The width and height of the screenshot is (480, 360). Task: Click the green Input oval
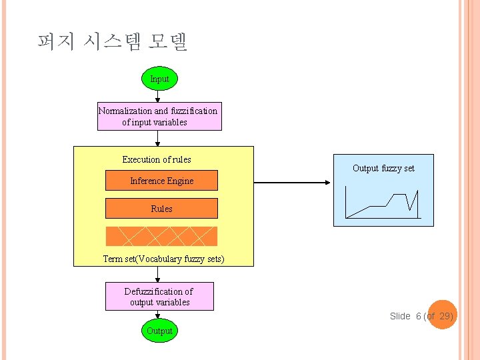159,79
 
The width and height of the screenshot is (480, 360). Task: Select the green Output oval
159,331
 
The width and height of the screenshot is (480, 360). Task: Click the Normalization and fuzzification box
158,117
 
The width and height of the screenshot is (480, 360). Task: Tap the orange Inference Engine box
161,181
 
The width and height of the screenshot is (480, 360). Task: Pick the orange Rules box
161,209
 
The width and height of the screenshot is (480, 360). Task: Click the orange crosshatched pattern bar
161,236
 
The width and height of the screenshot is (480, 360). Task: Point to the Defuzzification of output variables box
159,297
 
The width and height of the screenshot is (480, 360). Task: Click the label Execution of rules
157,159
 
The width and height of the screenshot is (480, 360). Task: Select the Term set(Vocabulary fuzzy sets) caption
163,259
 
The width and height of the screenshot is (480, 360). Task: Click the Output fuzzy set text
383,168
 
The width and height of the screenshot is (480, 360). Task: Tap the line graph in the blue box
383,203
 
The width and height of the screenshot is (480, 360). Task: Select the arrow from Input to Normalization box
158,97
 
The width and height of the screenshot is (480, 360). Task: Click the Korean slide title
113,42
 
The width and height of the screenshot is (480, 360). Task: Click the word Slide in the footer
400,316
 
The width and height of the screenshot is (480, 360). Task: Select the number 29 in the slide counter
445,316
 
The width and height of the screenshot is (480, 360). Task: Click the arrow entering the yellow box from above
158,139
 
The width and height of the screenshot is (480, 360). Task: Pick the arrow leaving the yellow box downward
158,275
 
